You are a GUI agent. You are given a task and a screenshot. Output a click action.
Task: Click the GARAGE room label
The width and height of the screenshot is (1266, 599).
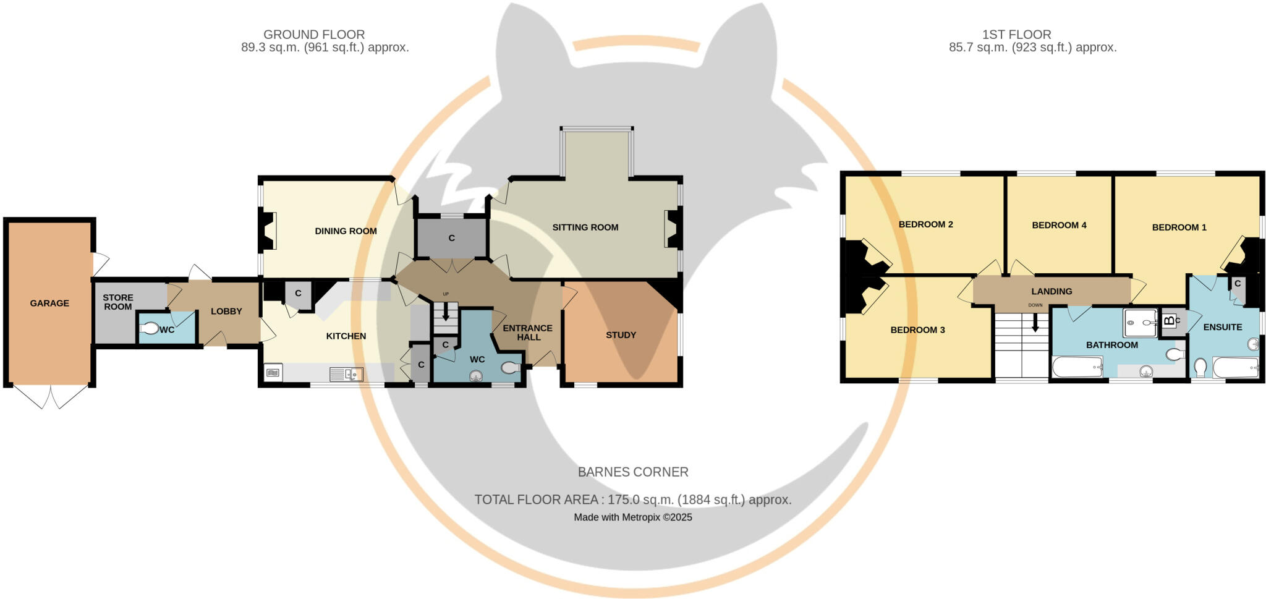[x=49, y=303]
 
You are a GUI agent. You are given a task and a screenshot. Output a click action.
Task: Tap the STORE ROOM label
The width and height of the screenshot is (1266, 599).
[x=117, y=302]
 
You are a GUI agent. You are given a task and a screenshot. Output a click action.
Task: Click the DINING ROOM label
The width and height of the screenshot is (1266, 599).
[x=346, y=231]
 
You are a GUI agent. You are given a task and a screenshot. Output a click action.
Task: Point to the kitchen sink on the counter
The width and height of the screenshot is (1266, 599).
[x=346, y=373]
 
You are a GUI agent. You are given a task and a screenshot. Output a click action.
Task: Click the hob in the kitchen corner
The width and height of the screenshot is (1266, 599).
[x=273, y=372]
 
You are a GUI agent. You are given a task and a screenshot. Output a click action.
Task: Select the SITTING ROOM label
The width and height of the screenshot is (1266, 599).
[x=585, y=227]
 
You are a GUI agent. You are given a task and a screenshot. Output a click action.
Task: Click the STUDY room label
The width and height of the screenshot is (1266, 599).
[x=621, y=335]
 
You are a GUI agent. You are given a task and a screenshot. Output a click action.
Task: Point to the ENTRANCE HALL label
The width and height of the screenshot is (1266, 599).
[x=528, y=333]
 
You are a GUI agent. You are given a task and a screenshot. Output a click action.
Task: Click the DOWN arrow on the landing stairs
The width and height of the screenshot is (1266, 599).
[x=1035, y=321]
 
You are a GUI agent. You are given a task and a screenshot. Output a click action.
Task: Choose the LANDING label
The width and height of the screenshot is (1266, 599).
[x=1051, y=291]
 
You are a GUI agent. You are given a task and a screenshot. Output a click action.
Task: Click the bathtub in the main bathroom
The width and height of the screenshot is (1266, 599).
[x=1077, y=367]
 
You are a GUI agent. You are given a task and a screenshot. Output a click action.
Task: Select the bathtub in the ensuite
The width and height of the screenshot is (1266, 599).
[x=1235, y=368]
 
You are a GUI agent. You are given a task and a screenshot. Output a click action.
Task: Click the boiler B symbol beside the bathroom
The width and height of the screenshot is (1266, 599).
[x=1168, y=320]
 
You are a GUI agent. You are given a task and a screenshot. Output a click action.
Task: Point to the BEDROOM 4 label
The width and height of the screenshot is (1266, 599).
[x=1059, y=225]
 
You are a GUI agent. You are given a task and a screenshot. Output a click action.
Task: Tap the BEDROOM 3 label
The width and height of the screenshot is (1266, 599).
[x=917, y=330]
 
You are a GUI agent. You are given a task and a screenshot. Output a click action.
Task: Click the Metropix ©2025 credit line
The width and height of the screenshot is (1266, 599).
[x=632, y=517]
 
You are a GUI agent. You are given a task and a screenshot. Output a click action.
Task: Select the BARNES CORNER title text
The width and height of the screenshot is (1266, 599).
[x=632, y=472]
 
